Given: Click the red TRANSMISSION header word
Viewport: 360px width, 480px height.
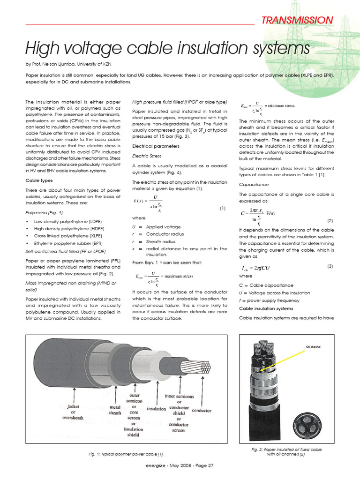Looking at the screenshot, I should pos(297,20).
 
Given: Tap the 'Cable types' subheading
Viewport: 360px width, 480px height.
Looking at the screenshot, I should pos(38,180).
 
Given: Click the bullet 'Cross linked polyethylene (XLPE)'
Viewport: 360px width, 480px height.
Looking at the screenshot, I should pos(67,236).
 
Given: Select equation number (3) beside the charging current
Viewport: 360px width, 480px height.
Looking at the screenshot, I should pos(330,266).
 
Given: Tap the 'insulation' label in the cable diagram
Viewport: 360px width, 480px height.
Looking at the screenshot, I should pos(156,408).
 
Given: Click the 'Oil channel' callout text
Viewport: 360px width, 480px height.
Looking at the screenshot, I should pos(315,347).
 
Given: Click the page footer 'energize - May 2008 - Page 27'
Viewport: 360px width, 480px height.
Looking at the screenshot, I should pos(180,465).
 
